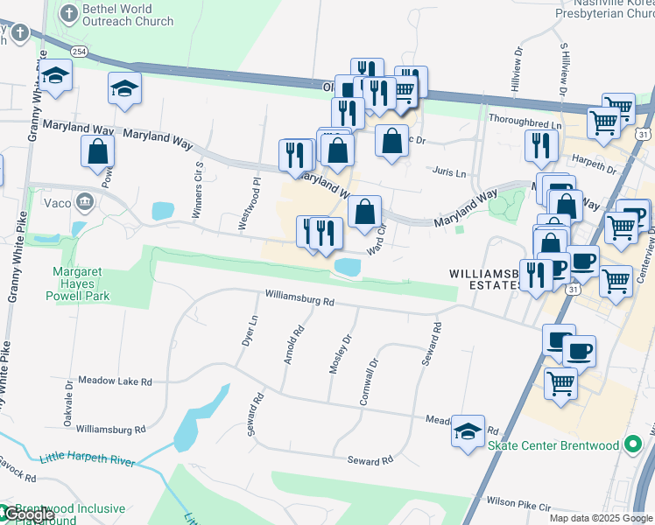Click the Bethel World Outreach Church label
pyautogui.click(x=127, y=15)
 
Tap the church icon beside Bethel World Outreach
pyautogui.click(x=68, y=14)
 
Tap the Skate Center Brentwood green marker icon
pyautogui.click(x=632, y=445)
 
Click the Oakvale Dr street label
pyautogui.click(x=68, y=402)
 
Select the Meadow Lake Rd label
pyautogui.click(x=115, y=381)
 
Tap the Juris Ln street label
pyautogui.click(x=447, y=172)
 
